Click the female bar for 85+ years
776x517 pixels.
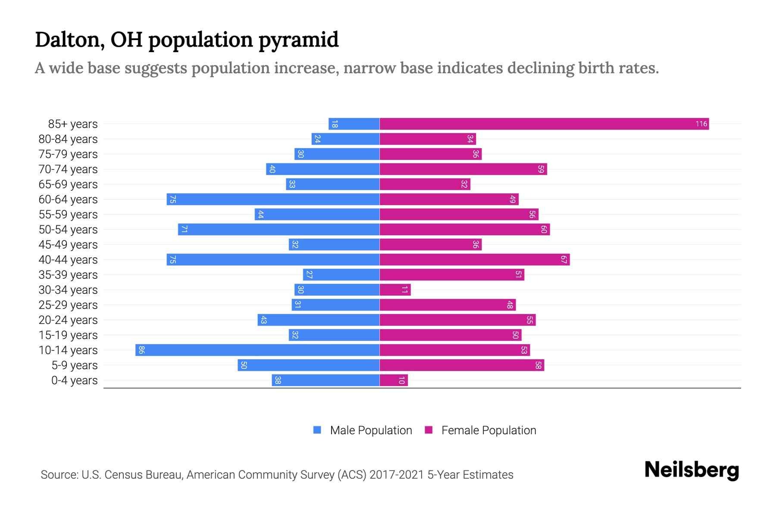[x=544, y=124]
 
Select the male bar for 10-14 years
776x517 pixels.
[x=257, y=350]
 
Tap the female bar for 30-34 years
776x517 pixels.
[x=395, y=290]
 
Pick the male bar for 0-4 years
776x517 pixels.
[x=325, y=380]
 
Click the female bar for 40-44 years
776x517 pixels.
[x=474, y=260]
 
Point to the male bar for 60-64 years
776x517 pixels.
[x=273, y=199]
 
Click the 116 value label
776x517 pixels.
[x=701, y=124]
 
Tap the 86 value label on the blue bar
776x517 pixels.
[x=141, y=350]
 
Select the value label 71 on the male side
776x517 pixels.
[x=184, y=230]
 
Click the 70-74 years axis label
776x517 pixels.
[x=68, y=169]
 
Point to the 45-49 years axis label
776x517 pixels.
[x=68, y=245]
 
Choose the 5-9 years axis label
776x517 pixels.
[x=75, y=365]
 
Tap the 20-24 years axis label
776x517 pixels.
[x=68, y=320]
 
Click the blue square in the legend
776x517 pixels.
[x=317, y=430]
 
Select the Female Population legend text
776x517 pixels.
[x=488, y=430]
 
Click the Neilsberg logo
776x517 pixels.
[x=692, y=470]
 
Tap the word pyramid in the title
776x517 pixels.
[x=298, y=40]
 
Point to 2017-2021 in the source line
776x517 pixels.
[x=396, y=475]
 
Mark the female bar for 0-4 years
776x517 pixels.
[x=394, y=380]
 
